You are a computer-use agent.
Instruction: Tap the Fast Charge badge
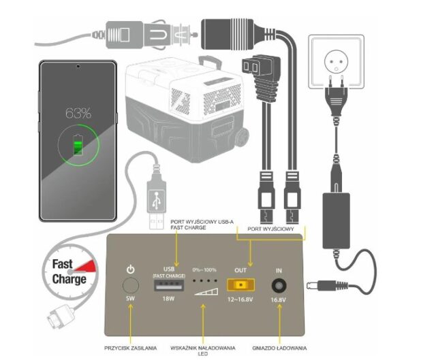point(69,272)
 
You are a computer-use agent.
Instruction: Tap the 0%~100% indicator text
point(204,271)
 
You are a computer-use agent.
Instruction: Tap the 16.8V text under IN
point(279,299)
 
